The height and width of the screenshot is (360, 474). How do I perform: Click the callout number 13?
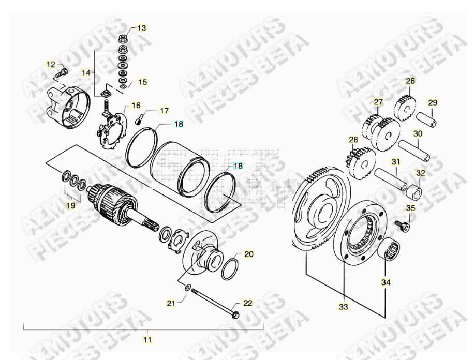tap(141, 27)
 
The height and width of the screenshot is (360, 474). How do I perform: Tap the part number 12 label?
tap(51, 65)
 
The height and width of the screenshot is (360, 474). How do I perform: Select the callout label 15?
tap(142, 82)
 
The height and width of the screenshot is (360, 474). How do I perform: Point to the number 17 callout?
tap(164, 111)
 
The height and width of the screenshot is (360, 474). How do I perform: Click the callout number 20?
tap(249, 254)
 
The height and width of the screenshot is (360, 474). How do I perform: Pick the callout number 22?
tap(248, 303)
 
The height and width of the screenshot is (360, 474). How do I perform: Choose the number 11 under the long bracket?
tap(147, 340)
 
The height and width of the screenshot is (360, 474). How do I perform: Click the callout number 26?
tap(410, 81)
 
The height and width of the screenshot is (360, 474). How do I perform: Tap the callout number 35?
tap(425, 208)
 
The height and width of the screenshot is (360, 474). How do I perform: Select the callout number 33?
tap(344, 307)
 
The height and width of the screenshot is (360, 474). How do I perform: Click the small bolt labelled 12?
tap(62, 72)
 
